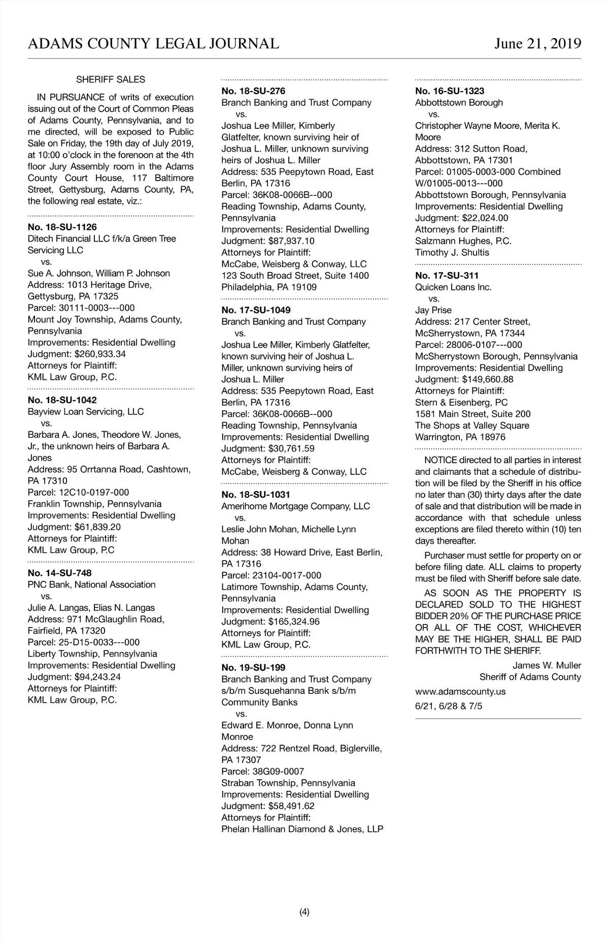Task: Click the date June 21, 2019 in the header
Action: pos(538,44)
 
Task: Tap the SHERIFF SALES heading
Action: pos(111,80)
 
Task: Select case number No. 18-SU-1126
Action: pos(62,227)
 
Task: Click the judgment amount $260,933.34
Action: pos(100,354)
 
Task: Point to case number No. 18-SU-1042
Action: pos(62,400)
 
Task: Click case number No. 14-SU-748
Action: pos(59,573)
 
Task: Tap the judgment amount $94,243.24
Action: pos(97,677)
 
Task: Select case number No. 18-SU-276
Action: pos(253,91)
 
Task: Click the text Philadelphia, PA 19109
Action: pos(269,287)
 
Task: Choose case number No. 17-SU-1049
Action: pos(256,310)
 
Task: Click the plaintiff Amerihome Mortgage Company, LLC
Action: pos(296,506)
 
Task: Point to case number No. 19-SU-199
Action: pos(253,668)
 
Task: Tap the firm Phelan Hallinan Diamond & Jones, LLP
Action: pos(302,829)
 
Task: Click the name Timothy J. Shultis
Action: pos(452,253)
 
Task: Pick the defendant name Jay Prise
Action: pos(433,310)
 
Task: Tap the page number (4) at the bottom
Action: pos(304,912)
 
